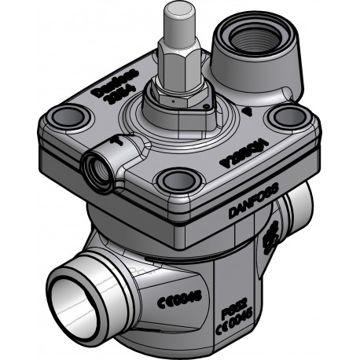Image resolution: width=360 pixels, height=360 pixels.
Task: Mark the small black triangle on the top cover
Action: coord(248,112)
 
